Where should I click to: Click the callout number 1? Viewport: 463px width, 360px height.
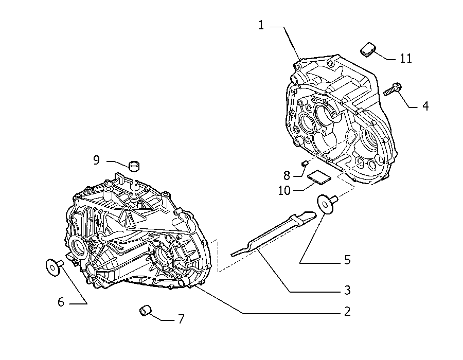[x=261, y=25]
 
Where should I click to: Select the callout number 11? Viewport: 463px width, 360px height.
[x=406, y=59]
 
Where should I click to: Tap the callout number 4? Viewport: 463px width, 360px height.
[x=425, y=106]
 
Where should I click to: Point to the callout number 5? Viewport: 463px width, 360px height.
[x=347, y=260]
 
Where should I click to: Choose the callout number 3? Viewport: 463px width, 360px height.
[x=347, y=290]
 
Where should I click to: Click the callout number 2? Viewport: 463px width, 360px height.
[x=347, y=311]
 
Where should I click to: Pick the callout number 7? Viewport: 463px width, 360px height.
[x=181, y=319]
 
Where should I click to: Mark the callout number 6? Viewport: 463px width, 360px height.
[x=61, y=302]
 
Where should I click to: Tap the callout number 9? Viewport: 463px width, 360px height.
[x=96, y=160]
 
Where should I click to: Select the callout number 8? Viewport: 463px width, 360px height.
[x=287, y=175]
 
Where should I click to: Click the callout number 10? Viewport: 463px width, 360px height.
[x=284, y=191]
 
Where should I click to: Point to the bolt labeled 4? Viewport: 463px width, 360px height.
[x=392, y=89]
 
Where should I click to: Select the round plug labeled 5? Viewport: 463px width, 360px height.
[x=326, y=204]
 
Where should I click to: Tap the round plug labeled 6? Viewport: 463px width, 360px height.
[x=54, y=267]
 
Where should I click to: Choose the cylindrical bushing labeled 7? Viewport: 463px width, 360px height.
[x=145, y=311]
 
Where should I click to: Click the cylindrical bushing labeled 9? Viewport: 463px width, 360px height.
[x=134, y=166]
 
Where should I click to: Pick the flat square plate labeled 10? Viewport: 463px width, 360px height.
[x=319, y=177]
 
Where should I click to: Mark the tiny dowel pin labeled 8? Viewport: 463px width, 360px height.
[x=305, y=163]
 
